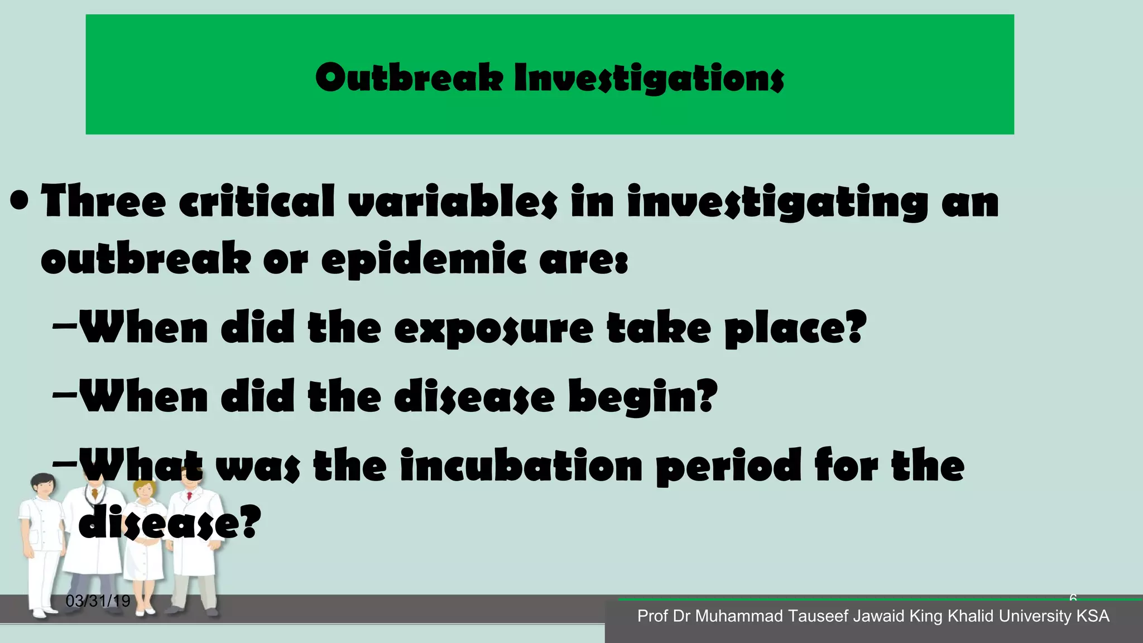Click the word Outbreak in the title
pyautogui.click(x=411, y=78)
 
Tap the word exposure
pyautogui.click(x=494, y=329)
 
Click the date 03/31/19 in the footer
pyautogui.click(x=98, y=601)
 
